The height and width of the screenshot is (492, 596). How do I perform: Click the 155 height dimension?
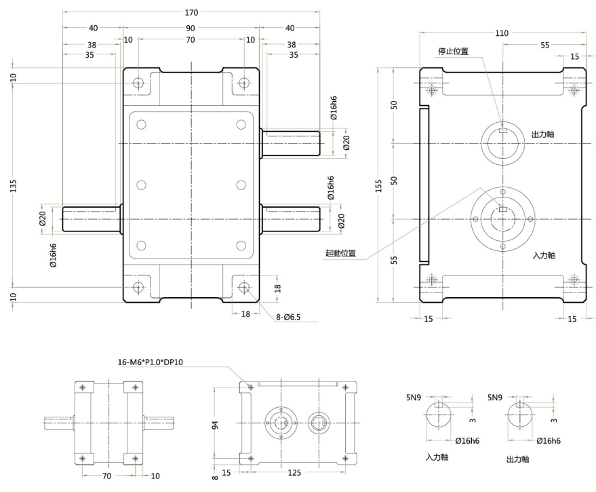pos(380,186)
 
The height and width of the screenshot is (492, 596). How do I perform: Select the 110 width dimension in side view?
pos(502,32)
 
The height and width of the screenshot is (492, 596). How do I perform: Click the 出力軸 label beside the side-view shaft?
pos(544,134)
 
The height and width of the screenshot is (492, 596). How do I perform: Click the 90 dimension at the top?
pos(191,28)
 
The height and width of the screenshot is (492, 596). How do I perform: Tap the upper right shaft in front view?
pos(292,144)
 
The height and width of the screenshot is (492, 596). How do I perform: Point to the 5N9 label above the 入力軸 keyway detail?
pos(414,396)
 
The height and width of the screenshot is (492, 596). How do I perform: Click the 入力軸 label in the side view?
pos(544,255)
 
